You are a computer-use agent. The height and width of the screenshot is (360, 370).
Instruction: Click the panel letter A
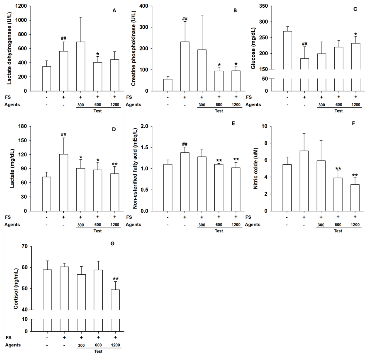tap(114, 10)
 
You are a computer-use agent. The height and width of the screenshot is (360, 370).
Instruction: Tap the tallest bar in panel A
tap(81, 66)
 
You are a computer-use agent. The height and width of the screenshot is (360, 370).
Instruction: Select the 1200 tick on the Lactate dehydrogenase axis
tap(22, 6)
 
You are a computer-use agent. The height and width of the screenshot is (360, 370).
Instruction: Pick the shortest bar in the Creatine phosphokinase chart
tap(168, 85)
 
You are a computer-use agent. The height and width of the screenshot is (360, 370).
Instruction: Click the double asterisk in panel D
tap(114, 164)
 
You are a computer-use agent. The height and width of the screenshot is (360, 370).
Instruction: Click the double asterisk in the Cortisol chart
tap(115, 279)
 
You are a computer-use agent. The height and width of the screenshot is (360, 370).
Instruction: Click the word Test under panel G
tap(98, 350)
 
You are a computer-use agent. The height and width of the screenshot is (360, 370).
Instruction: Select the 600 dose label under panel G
tap(98, 345)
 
